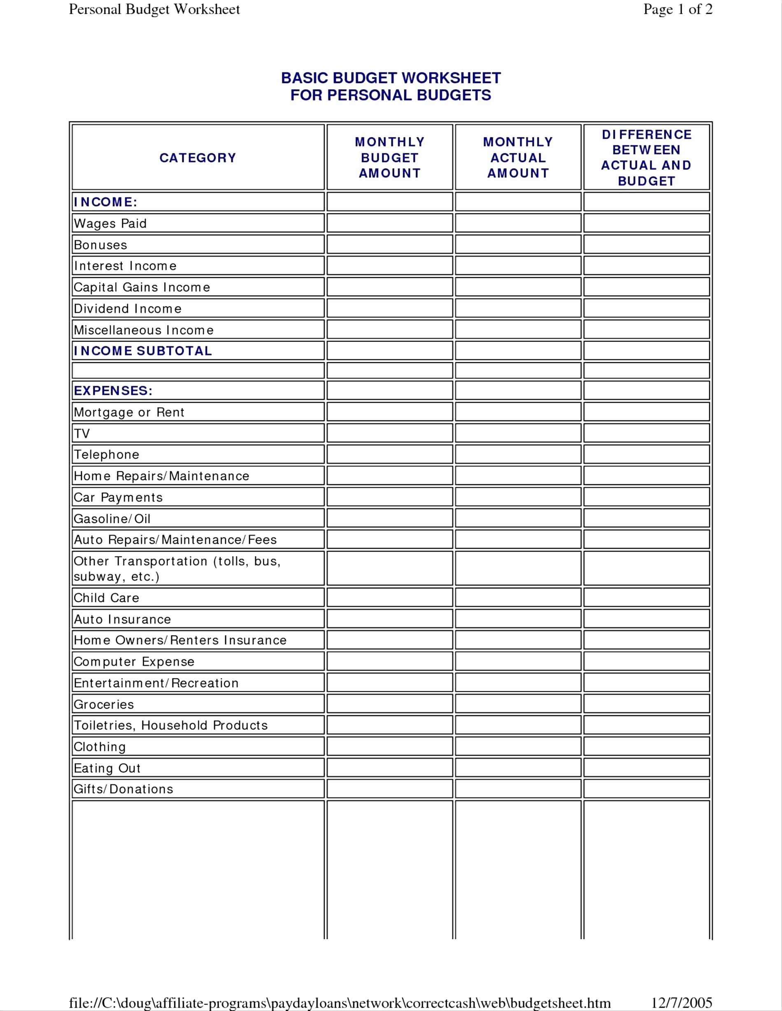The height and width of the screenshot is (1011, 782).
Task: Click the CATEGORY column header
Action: (x=198, y=158)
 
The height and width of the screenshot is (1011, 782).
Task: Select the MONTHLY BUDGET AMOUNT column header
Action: (x=390, y=158)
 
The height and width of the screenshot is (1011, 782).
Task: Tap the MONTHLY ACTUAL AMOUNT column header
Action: (x=518, y=158)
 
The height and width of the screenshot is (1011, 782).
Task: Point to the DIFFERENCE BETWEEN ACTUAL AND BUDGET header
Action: (x=646, y=158)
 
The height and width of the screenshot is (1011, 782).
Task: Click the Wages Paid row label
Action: (x=110, y=224)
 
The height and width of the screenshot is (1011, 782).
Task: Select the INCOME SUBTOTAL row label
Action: (x=143, y=351)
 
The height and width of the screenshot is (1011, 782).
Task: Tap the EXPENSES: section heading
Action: (x=113, y=391)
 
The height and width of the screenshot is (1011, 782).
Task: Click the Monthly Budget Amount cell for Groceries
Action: (x=390, y=704)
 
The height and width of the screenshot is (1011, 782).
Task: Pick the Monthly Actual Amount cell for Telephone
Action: (x=518, y=454)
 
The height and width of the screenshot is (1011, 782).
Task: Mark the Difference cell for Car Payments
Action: (x=646, y=497)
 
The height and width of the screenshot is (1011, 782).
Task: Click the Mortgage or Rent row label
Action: (x=129, y=412)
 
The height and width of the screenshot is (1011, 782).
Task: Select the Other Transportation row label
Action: (x=177, y=568)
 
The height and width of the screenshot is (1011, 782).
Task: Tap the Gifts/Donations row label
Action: (x=123, y=789)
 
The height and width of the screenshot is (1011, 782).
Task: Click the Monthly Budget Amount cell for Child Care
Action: (x=390, y=598)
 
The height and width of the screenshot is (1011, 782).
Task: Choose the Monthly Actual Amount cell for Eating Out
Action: (x=518, y=768)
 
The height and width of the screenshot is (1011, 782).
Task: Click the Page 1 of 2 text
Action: (x=677, y=9)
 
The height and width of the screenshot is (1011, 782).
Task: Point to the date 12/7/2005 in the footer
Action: (x=682, y=1003)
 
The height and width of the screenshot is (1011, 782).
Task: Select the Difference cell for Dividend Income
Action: (x=646, y=308)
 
